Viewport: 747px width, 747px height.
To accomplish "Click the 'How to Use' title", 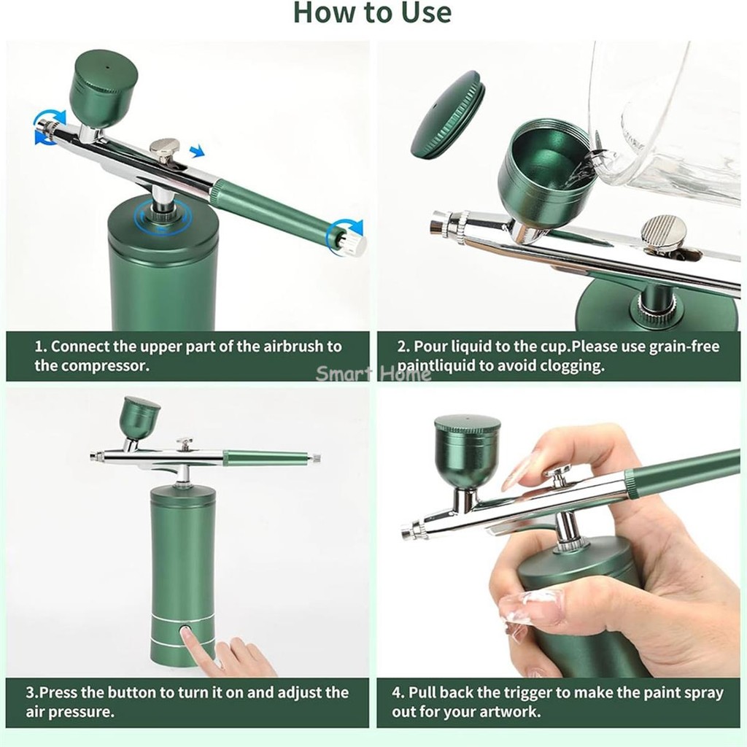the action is pyautogui.click(x=372, y=12).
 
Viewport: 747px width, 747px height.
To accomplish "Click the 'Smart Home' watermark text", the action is pyautogui.click(x=373, y=373).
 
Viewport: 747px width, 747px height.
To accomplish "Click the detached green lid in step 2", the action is pyautogui.click(x=448, y=115).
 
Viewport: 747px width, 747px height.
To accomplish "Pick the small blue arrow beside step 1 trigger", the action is pyautogui.click(x=197, y=152).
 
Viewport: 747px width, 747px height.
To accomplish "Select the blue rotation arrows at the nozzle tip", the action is pyautogui.click(x=49, y=126).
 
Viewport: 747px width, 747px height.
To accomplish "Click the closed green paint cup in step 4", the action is pyautogui.click(x=467, y=451).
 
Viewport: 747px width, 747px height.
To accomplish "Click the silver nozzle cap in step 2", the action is pyautogui.click(x=446, y=224).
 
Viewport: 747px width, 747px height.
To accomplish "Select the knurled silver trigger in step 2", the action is pyautogui.click(x=665, y=233).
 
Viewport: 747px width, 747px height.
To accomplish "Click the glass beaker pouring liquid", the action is pyautogui.click(x=667, y=124).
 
